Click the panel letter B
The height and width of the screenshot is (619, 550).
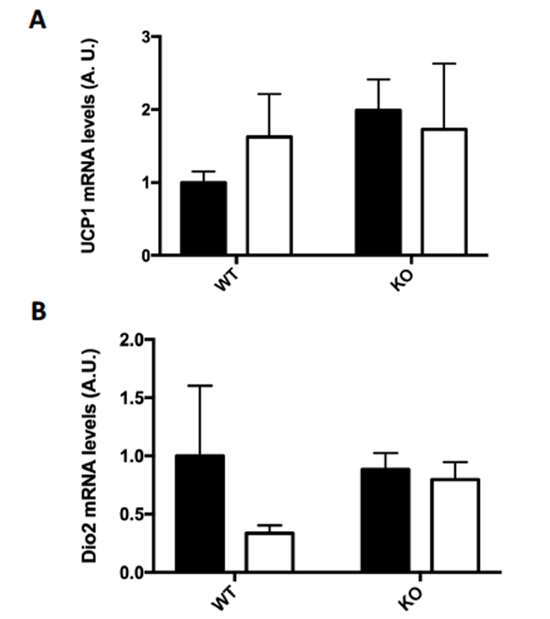pos(38,311)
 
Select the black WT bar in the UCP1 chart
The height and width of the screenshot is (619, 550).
pos(203,219)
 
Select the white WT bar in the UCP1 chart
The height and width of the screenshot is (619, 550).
pos(269,196)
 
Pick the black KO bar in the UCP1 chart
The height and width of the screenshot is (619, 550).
pos(377,182)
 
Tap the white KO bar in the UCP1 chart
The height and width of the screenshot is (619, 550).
pos(444,192)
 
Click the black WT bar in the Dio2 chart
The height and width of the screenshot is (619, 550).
pos(199,513)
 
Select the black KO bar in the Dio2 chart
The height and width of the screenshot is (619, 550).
pos(386,520)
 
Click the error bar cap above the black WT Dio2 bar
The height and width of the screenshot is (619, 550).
pos(199,386)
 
